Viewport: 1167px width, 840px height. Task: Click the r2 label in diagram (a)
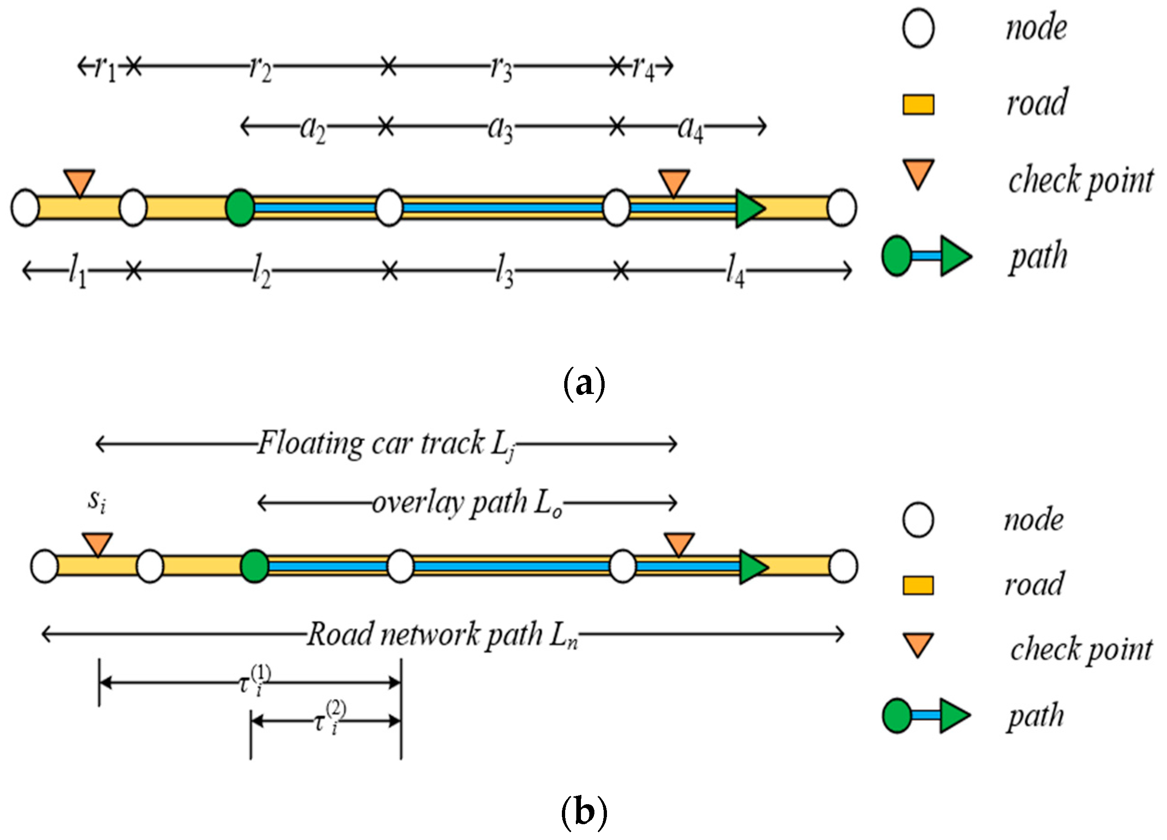(260, 68)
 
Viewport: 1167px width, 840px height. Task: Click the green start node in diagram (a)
(240, 208)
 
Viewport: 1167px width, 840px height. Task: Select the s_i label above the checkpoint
(97, 500)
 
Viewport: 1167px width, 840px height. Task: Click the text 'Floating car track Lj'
(386, 443)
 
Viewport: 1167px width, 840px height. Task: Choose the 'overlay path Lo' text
(467, 503)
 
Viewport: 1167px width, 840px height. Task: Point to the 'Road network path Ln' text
(442, 634)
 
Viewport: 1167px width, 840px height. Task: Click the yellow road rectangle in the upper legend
(918, 105)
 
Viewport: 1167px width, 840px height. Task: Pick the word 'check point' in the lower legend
(1081, 649)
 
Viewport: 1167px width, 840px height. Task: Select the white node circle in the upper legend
(918, 28)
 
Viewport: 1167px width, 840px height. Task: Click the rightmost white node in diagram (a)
(842, 208)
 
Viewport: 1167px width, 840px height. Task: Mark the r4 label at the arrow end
(643, 68)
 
